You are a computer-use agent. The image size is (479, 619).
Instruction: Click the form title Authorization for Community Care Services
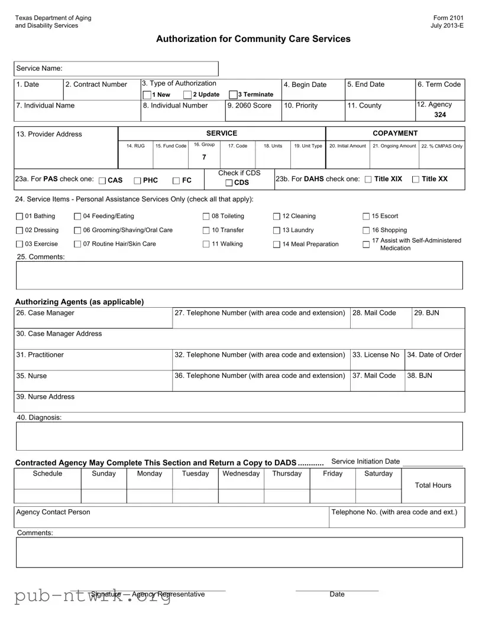pyautogui.click(x=253, y=39)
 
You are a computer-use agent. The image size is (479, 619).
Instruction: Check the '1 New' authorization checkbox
pyautogui.click(x=147, y=95)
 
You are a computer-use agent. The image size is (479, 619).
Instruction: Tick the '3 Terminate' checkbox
pyautogui.click(x=233, y=95)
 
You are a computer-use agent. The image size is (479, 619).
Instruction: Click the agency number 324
pyautogui.click(x=440, y=115)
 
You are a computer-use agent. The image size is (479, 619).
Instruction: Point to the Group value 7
pyautogui.click(x=204, y=157)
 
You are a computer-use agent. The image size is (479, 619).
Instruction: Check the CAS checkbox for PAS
pyautogui.click(x=103, y=180)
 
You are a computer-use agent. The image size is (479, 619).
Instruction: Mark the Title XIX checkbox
pyautogui.click(x=369, y=180)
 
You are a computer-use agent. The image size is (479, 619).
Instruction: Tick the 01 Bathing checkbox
pyautogui.click(x=20, y=216)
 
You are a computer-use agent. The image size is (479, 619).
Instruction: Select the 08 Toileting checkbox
pyautogui.click(x=206, y=216)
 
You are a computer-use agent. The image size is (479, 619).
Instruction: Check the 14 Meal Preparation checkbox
pyautogui.click(x=277, y=245)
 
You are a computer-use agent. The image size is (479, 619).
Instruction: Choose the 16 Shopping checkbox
pyautogui.click(x=366, y=230)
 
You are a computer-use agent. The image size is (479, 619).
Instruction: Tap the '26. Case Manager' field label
pyautogui.click(x=46, y=312)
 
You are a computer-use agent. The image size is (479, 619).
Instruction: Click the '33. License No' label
pyautogui.click(x=376, y=355)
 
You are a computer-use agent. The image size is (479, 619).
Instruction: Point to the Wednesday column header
pyautogui.click(x=241, y=474)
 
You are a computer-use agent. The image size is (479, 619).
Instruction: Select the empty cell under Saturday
pyautogui.click(x=378, y=496)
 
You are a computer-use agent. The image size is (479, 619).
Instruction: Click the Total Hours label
pyautogui.click(x=433, y=486)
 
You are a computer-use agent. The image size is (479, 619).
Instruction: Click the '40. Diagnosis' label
pyautogui.click(x=39, y=418)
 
